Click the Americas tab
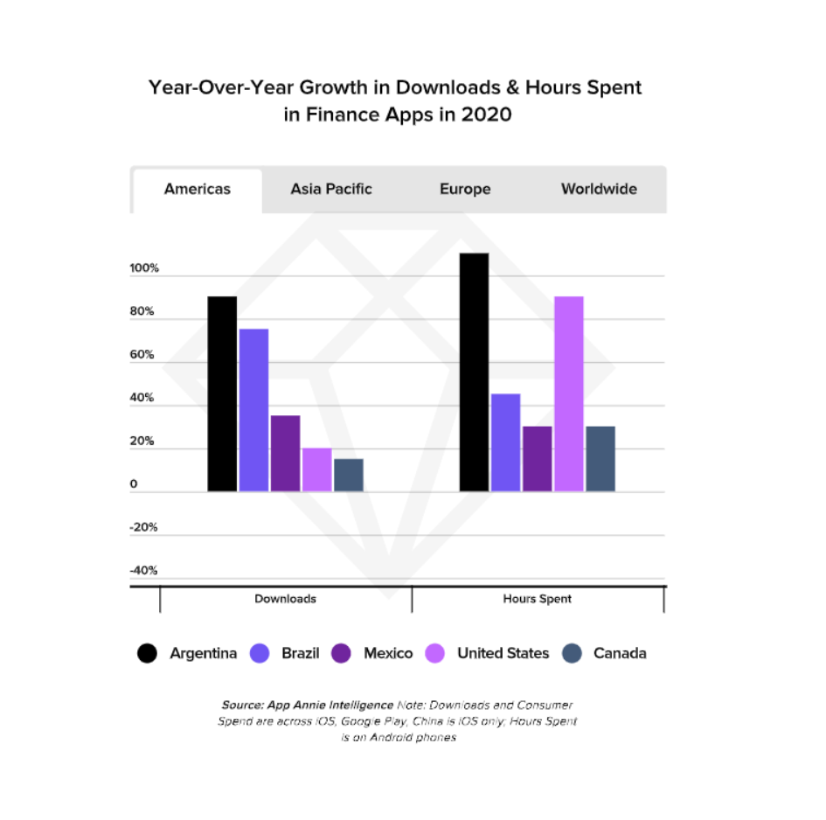tap(198, 189)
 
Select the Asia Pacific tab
tap(331, 189)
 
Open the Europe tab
tap(465, 189)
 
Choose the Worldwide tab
tap(599, 189)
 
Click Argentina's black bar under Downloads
tap(222, 393)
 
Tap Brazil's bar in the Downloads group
tap(253, 410)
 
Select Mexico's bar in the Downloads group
tap(285, 453)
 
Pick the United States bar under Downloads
tap(316, 469)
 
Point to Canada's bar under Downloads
tap(348, 475)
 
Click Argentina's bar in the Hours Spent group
tap(474, 372)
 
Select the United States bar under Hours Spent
tap(568, 393)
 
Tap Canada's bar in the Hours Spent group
tap(600, 458)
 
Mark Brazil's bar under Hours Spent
tap(505, 442)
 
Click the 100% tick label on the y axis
tap(145, 268)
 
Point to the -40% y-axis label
tap(143, 571)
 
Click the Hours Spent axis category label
tap(537, 599)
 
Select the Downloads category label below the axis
tap(285, 599)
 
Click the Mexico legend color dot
tap(341, 653)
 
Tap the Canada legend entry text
tap(620, 653)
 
